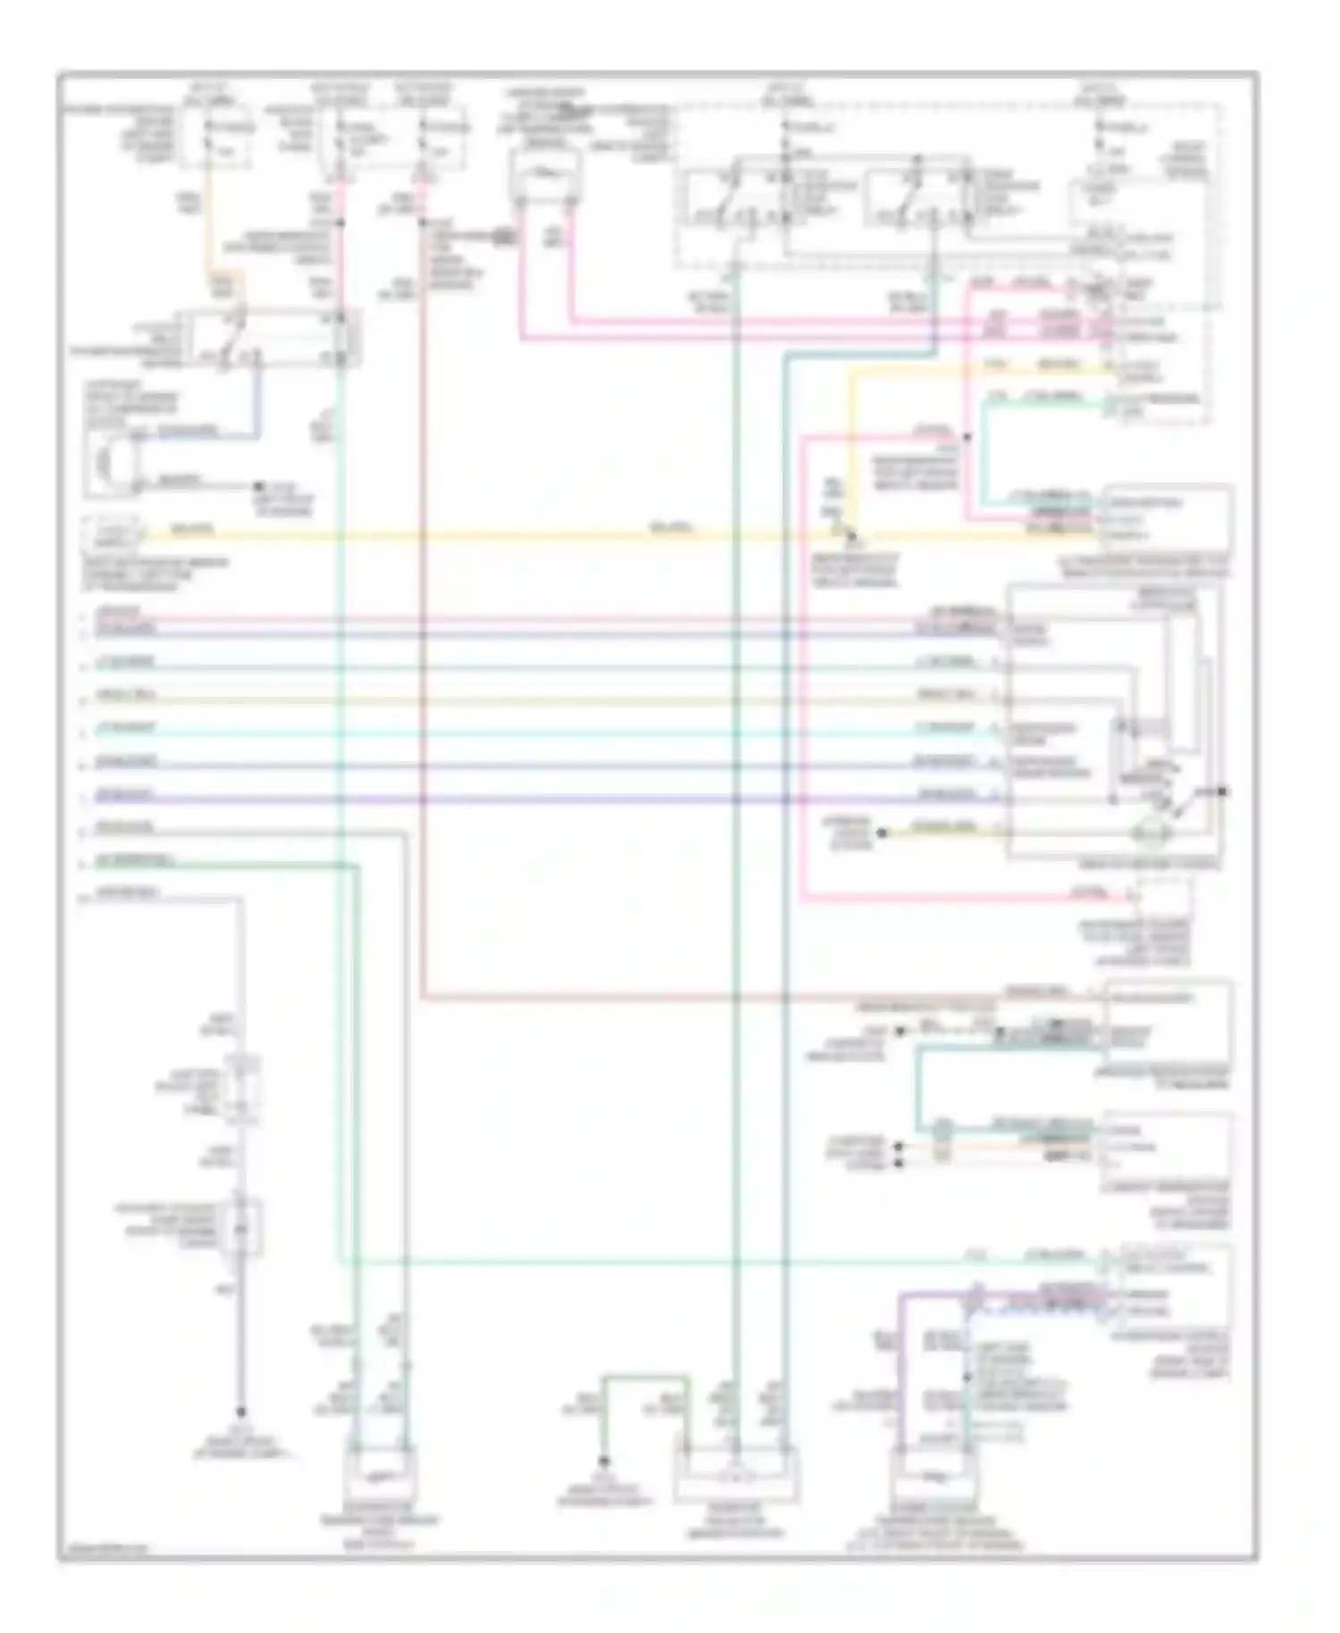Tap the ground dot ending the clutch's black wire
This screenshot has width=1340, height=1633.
258,487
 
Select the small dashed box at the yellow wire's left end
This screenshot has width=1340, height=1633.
113,536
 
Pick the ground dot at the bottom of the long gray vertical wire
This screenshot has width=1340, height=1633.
241,1412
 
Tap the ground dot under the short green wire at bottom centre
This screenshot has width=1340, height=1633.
604,1461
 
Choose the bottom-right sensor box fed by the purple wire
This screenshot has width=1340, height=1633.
934,1478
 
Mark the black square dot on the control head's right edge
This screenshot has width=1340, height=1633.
1223,791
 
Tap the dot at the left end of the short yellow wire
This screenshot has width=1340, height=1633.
881,833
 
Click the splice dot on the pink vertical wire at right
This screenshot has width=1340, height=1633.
967,437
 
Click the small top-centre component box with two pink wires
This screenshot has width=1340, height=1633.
544,175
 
